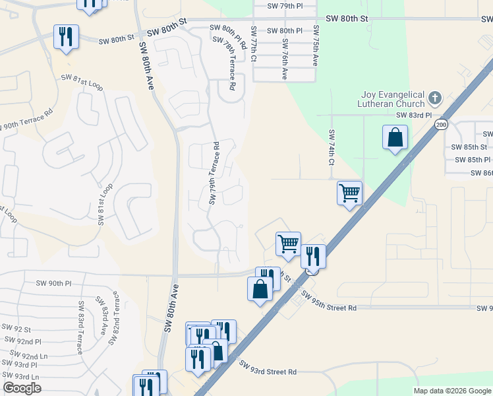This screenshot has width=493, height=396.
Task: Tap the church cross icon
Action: (x=434, y=98)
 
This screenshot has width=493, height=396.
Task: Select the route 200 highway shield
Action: (x=441, y=124)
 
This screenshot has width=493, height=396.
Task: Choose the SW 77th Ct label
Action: (x=253, y=44)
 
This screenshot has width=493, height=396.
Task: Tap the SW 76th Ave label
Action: (x=285, y=59)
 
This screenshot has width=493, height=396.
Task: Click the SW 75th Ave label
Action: (x=316, y=46)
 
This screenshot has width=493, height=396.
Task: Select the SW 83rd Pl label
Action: (x=413, y=115)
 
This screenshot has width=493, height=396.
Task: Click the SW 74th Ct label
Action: (x=332, y=147)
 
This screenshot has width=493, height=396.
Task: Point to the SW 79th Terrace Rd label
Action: (x=213, y=172)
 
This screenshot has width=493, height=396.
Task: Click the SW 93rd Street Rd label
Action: (x=268, y=372)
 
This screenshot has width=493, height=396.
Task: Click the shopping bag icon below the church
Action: (x=395, y=138)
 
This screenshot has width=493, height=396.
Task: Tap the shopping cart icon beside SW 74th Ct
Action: (x=349, y=193)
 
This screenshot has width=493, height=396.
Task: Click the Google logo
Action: (x=22, y=388)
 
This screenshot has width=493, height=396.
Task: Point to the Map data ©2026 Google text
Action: (x=451, y=391)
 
